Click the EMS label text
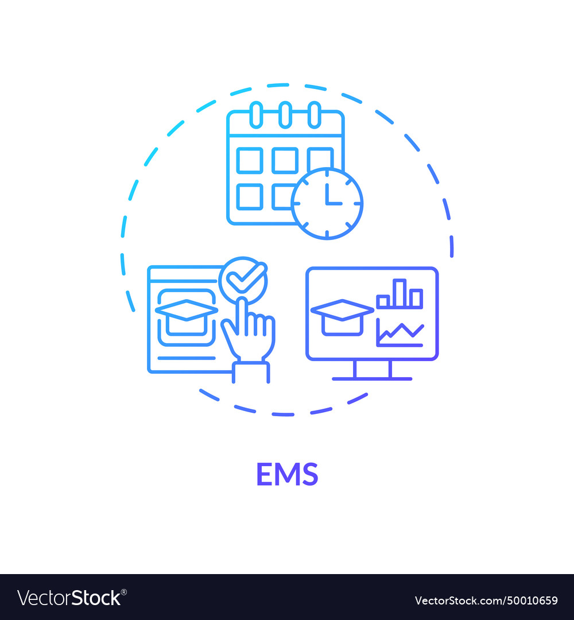pyautogui.click(x=287, y=474)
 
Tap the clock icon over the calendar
pyautogui.click(x=327, y=203)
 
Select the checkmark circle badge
pyautogui.click(x=243, y=280)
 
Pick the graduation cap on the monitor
pyautogui.click(x=342, y=316)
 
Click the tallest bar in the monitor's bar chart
pyautogui.click(x=400, y=293)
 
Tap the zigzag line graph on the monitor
pyautogui.click(x=400, y=332)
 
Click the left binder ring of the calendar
pyautogui.click(x=256, y=114)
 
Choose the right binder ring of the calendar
pyautogui.click(x=314, y=114)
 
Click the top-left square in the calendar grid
pyautogui.click(x=250, y=160)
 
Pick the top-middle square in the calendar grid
pyautogui.click(x=285, y=160)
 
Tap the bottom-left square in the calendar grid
pyautogui.click(x=250, y=196)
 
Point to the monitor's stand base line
pyautogui.click(x=372, y=379)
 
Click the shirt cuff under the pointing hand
pyautogui.click(x=251, y=372)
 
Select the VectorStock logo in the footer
pyautogui.click(x=72, y=598)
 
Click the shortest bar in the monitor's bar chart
pyautogui.click(x=383, y=301)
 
